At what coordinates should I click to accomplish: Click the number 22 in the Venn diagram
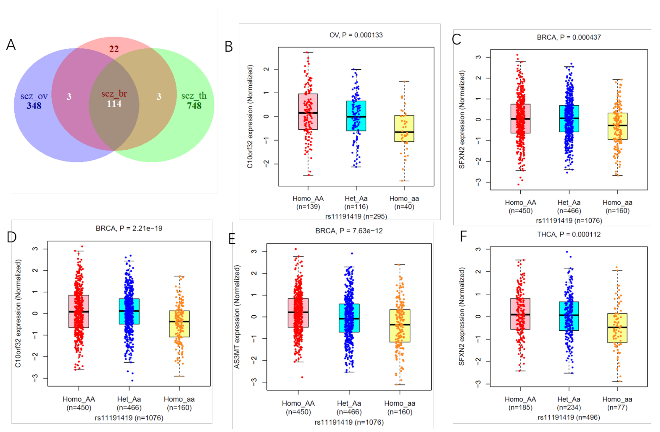[114, 49]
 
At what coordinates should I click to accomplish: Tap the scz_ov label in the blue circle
[34, 96]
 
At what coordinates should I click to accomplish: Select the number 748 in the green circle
[194, 106]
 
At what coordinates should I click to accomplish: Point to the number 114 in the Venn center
[114, 104]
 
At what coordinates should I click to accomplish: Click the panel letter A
[11, 45]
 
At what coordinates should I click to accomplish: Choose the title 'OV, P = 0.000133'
[356, 35]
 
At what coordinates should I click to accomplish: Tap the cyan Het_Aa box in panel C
[569, 119]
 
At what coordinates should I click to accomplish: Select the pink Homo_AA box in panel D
[79, 311]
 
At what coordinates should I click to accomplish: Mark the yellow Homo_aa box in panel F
[617, 328]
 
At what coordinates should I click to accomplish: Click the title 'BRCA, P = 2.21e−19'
[129, 228]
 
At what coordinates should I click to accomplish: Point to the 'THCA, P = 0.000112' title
[569, 234]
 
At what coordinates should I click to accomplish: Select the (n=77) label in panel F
[617, 407]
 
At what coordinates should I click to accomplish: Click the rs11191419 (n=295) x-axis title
[356, 216]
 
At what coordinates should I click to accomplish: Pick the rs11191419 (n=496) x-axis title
[569, 417]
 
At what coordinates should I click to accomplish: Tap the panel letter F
[463, 236]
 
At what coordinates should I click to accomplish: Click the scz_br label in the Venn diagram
[114, 94]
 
